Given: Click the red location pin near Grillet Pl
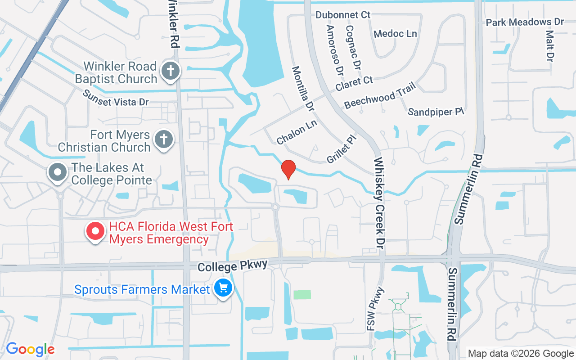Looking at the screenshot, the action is click(x=288, y=170).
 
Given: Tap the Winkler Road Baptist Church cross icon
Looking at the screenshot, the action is click(x=171, y=72).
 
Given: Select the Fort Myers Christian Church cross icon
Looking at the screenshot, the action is click(x=164, y=140).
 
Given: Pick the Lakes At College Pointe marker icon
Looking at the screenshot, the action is click(x=58, y=172).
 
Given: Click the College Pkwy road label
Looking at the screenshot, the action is click(x=233, y=265).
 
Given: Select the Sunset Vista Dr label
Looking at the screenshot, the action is click(x=116, y=98).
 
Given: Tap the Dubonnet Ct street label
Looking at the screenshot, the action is click(x=343, y=15).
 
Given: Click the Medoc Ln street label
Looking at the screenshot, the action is click(x=395, y=34).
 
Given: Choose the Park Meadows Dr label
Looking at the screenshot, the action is click(x=525, y=22).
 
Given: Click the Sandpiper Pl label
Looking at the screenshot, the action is click(x=436, y=112).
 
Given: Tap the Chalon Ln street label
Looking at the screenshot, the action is click(x=297, y=132).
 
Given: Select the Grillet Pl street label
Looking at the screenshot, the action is click(x=342, y=150).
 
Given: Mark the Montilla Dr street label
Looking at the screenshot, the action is click(x=303, y=89).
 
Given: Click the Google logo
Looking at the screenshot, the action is click(x=30, y=349).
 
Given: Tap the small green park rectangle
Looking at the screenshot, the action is click(x=302, y=295).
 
